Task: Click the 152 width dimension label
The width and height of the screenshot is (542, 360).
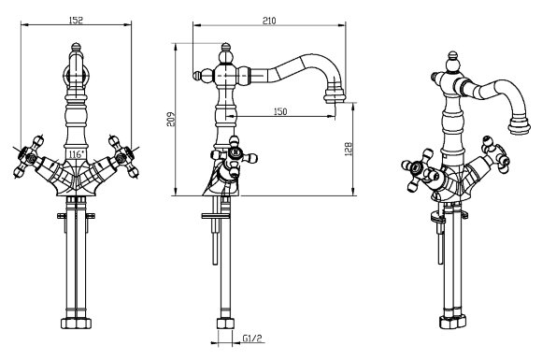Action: [76, 20]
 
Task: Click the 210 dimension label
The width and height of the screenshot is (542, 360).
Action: [269, 21]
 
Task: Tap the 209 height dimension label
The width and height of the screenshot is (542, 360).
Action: [171, 120]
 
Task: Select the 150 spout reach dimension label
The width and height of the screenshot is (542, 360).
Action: [280, 111]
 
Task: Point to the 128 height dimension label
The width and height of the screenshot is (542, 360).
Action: [349, 149]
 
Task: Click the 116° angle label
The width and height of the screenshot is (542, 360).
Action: [76, 154]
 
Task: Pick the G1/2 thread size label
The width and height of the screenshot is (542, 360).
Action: [251, 338]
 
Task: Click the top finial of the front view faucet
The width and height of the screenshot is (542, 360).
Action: [76, 47]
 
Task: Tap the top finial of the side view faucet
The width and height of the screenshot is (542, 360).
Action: [225, 48]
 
